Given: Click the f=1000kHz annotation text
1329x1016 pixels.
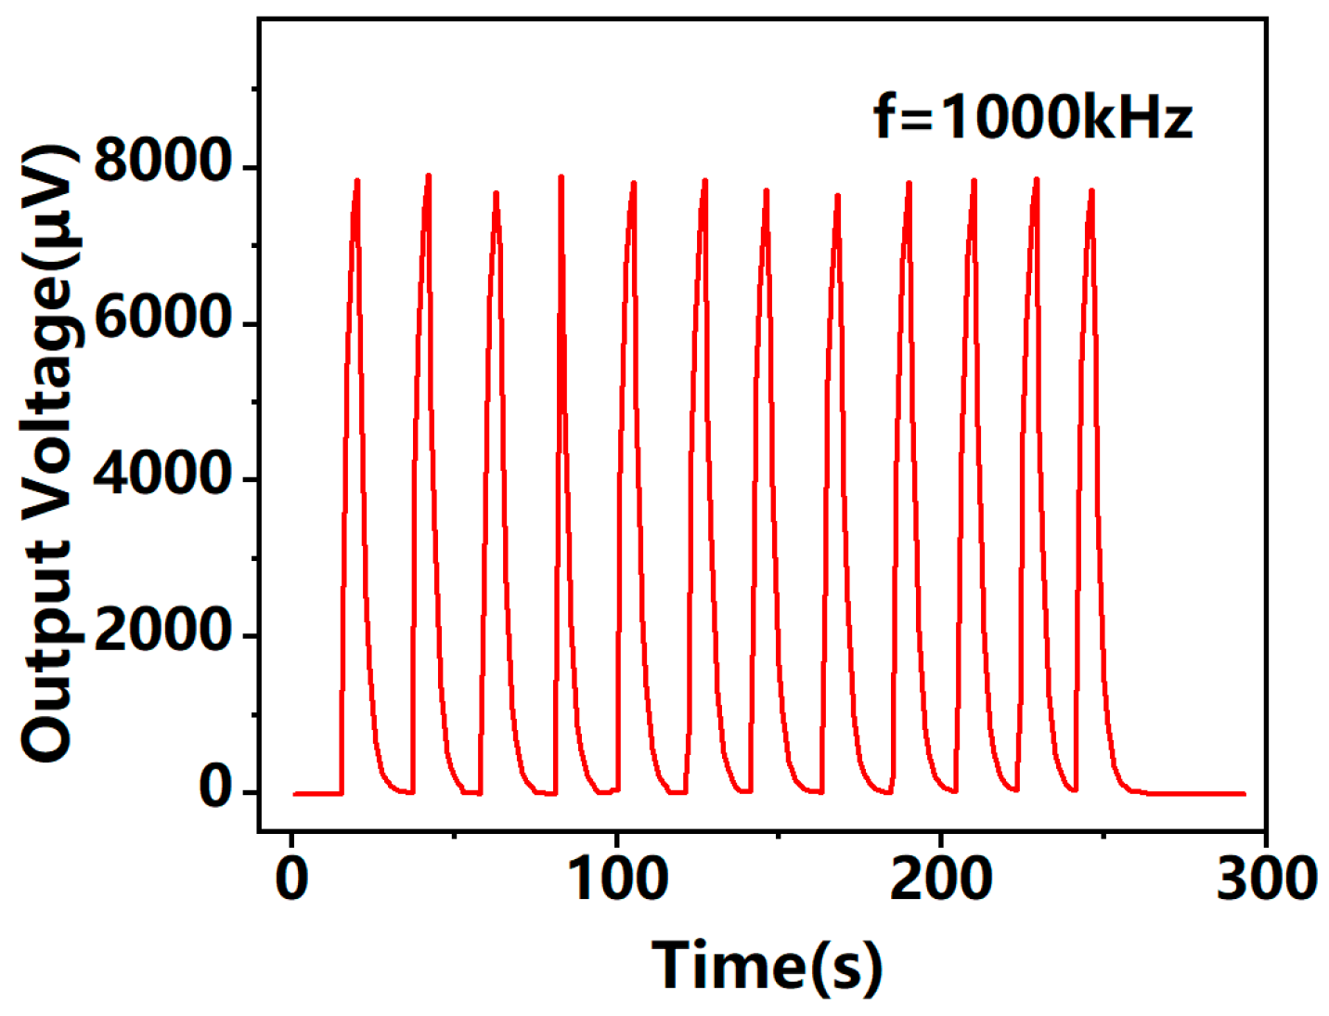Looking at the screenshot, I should point(1032,118).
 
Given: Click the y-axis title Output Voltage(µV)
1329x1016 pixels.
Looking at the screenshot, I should point(48,453).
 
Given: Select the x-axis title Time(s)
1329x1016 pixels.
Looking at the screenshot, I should point(767,966).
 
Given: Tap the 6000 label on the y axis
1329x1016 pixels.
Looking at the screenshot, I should point(162,318).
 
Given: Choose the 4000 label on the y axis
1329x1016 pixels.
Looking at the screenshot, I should point(162,474).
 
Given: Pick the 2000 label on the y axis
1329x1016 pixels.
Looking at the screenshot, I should point(162,631).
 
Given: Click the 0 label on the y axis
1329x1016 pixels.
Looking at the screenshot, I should point(215,788).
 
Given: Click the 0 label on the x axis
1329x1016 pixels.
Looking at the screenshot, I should point(292,878).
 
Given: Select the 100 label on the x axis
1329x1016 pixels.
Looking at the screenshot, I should point(616,878).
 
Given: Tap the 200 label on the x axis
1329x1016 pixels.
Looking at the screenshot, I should point(940,878).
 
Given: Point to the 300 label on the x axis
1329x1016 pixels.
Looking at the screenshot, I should point(1266,878).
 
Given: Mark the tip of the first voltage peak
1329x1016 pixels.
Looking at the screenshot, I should point(357,180).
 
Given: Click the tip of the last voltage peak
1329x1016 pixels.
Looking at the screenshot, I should point(1092,190).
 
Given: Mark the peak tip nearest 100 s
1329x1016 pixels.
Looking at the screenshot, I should point(634,183).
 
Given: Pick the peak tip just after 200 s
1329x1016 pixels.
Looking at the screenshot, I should point(974,180).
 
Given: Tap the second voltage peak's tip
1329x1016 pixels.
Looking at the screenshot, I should point(429,175).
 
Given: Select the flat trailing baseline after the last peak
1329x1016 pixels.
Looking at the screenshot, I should point(1197,794).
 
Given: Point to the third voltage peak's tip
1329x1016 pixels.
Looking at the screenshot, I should point(497,193).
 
